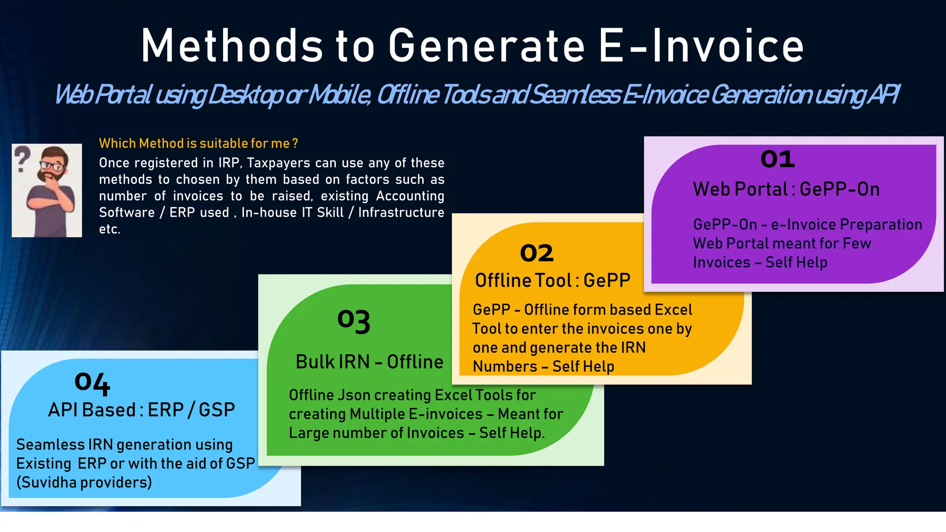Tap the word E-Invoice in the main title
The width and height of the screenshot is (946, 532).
pos(701,46)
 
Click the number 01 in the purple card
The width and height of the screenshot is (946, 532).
pos(777,159)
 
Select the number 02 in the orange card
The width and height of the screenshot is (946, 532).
pos(536,253)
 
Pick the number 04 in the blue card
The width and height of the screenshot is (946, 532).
pos(92,383)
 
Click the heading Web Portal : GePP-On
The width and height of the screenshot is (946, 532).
pos(786,189)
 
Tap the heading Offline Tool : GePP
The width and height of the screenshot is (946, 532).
pos(552,280)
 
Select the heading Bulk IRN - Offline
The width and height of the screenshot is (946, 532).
pos(369,362)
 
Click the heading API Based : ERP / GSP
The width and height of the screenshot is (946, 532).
pos(141,410)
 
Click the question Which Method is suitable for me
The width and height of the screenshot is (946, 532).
pos(198,143)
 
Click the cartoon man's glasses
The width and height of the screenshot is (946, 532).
pos(53,165)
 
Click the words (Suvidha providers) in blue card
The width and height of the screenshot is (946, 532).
pos(84,482)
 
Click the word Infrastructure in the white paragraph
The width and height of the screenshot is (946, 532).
pos(401,212)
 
